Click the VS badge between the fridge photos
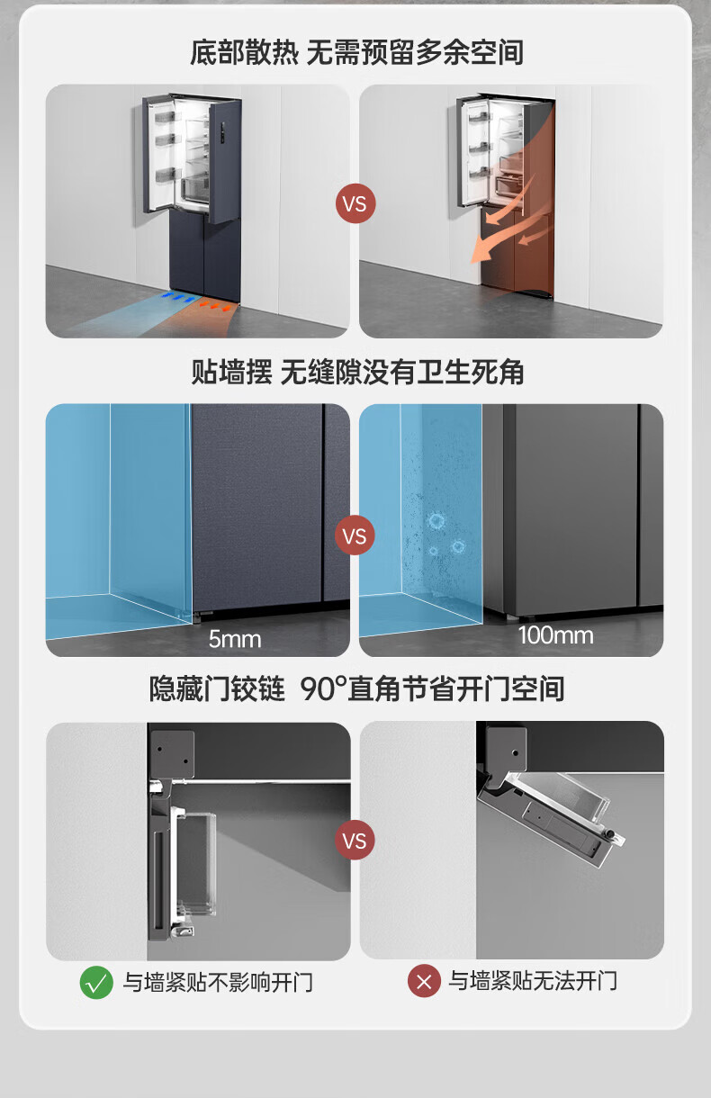[355, 203]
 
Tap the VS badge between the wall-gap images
[355, 535]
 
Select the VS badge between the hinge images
[355, 840]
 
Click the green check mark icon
[96, 982]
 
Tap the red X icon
[424, 981]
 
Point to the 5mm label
[235, 639]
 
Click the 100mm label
[556, 635]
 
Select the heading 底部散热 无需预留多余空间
[357, 52]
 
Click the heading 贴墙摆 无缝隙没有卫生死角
[357, 372]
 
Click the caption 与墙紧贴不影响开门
[218, 982]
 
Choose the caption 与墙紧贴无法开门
[533, 981]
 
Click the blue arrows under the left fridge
[179, 297]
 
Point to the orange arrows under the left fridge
[215, 306]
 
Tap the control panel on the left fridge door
[223, 133]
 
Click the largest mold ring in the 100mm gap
[436, 520]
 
